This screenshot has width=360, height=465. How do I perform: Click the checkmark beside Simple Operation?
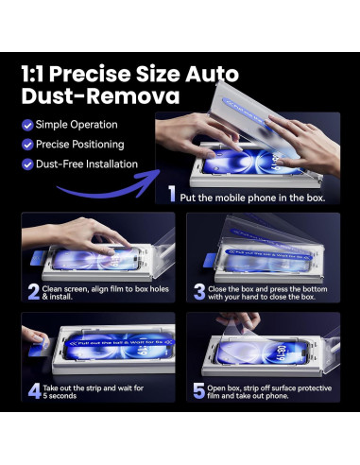(27, 125)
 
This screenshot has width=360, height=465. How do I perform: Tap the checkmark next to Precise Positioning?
(27, 145)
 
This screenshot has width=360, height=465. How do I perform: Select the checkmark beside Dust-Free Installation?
(27, 164)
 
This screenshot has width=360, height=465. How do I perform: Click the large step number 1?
(173, 197)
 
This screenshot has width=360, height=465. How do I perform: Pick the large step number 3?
(200, 291)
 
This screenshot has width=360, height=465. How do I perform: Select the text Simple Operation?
(77, 125)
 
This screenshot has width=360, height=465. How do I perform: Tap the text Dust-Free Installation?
(87, 164)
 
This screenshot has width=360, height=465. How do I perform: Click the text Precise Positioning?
(81, 145)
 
